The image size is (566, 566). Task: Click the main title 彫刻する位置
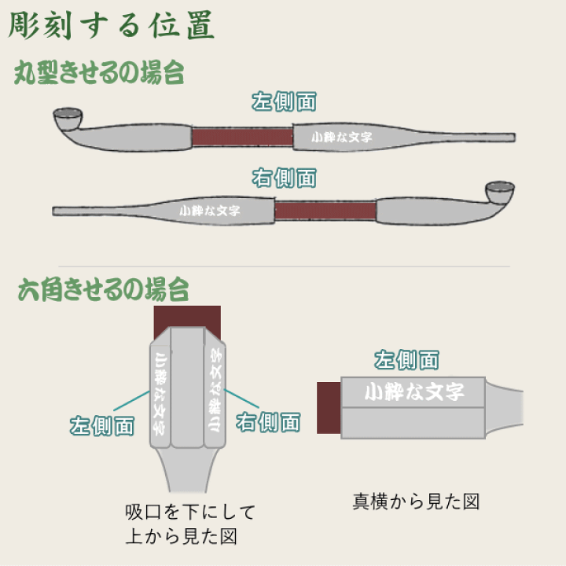coord(111,25)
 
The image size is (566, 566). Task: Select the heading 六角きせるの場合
coord(103,290)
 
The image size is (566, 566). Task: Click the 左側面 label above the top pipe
coord(284,102)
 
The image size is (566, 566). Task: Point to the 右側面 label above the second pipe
coord(284,178)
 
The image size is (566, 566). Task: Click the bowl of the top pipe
coord(68,120)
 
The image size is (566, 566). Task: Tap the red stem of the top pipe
coord(242,137)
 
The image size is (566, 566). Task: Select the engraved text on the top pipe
coord(341,137)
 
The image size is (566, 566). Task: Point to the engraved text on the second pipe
coord(210,211)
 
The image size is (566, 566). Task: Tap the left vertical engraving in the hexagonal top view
coord(160,393)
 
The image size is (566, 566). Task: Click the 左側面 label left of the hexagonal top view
coord(102,426)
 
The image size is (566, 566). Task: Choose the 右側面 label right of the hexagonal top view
coord(268,422)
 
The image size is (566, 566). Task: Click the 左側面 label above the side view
coord(406,361)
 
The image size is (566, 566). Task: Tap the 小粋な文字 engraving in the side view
coord(413,391)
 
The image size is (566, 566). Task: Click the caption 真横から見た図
coord(416,501)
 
